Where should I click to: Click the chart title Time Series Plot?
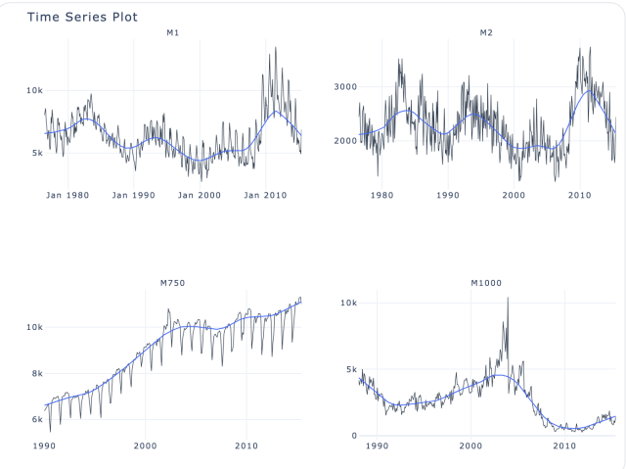[82, 17]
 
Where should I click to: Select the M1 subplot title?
[172, 32]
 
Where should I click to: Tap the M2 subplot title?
[486, 32]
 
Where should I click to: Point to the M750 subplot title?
[172, 283]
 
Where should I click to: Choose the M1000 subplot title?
[486, 283]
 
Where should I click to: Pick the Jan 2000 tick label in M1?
[200, 195]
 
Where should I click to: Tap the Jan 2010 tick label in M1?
[265, 195]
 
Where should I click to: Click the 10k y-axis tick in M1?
[33, 90]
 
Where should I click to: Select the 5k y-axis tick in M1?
[36, 153]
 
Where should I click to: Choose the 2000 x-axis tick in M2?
[514, 195]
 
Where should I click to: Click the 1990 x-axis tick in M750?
[44, 446]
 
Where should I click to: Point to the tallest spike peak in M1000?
[508, 298]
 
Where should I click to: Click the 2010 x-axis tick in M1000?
[564, 446]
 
